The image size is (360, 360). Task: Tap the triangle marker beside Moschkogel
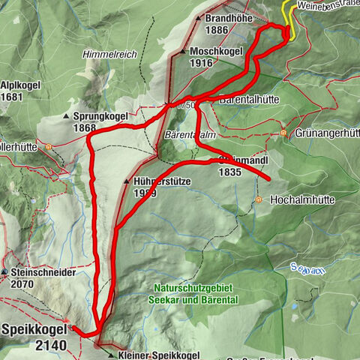184,52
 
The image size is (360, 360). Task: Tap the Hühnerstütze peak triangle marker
127,181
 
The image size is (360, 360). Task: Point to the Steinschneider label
43,273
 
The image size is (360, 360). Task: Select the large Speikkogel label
33,329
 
